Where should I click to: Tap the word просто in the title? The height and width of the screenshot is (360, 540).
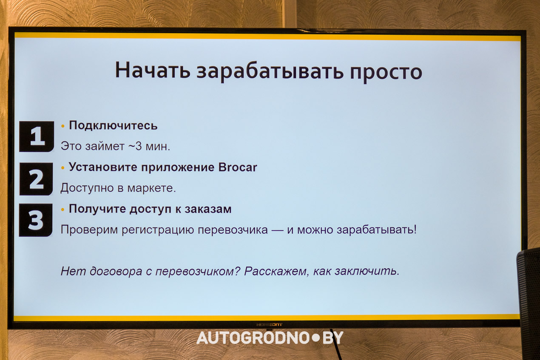pos(386,71)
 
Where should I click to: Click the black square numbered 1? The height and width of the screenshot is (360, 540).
pos(37,136)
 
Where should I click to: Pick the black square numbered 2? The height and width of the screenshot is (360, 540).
pos(36,179)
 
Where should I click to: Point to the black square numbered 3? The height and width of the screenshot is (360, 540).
pos(36,220)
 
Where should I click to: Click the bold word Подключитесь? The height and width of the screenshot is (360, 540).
pos(113,125)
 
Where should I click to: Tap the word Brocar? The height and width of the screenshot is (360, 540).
pos(238,167)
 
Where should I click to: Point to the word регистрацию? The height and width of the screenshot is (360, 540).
pos(158,230)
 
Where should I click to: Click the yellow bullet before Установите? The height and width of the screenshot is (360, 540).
pos(63,168)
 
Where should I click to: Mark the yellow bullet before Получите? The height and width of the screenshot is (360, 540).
pos(63,210)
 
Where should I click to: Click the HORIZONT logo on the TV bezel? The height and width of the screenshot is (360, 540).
pos(269,325)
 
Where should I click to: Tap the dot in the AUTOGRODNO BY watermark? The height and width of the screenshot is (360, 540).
pos(315,337)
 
